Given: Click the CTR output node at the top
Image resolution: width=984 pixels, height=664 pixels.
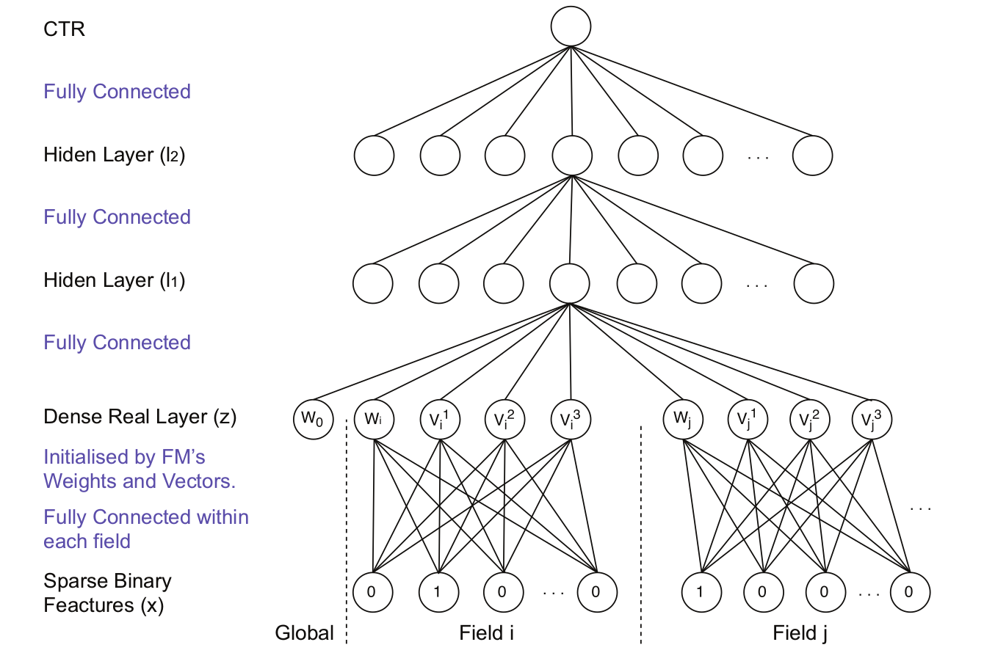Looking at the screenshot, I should click(571, 28).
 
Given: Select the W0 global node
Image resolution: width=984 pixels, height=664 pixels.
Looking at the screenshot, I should click(313, 420).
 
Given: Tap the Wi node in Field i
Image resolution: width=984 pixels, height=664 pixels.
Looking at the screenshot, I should click(374, 420).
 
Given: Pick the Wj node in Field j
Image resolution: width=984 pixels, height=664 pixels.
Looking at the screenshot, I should click(683, 420).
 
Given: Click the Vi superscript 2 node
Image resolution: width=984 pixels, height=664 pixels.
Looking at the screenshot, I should click(504, 420).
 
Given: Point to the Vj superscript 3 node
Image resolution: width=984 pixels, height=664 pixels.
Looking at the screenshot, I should click(871, 420).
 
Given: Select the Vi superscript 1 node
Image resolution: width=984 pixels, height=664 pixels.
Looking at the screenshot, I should click(439, 420).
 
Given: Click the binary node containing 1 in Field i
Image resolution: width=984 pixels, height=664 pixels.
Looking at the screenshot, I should click(438, 591).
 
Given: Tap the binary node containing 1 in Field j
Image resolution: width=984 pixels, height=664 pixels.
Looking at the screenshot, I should click(701, 591).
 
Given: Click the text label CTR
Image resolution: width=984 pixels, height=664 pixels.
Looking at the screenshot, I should click(64, 29).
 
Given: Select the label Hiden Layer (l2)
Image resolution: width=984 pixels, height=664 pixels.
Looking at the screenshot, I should click(114, 155).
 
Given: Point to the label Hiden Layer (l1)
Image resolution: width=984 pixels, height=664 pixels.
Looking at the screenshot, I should click(114, 280).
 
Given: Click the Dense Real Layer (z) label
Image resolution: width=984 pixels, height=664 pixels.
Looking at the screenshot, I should click(140, 417).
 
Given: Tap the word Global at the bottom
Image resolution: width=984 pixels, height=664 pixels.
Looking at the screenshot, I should click(304, 632).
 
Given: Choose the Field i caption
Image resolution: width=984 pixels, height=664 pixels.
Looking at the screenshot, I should click(486, 632).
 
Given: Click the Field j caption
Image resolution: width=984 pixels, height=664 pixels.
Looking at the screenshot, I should click(800, 632).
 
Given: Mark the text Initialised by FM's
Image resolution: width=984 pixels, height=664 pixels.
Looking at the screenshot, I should click(124, 457).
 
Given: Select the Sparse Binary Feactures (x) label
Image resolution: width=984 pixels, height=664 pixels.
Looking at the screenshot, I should click(107, 593).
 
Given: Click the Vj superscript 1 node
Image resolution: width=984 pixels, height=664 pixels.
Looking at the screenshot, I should click(747, 420).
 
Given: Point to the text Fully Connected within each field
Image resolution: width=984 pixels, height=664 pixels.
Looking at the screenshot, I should click(145, 529).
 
